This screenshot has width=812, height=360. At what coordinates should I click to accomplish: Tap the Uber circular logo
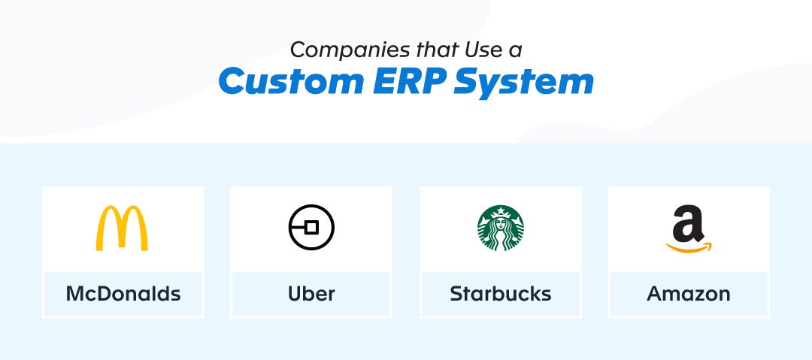click(x=289, y=228)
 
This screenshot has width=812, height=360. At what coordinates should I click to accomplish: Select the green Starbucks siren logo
click(x=500, y=228)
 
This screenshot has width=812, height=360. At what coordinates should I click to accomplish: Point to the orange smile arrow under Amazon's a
click(x=689, y=248)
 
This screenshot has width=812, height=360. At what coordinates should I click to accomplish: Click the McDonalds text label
click(x=123, y=294)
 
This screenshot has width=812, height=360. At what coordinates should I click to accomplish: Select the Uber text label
click(x=311, y=294)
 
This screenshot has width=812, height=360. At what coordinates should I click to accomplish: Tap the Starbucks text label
click(x=500, y=294)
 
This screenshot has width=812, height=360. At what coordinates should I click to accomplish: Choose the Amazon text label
click(x=688, y=294)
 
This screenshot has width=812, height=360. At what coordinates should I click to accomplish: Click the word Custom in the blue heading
click(x=290, y=81)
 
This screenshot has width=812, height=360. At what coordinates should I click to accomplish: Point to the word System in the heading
click(x=523, y=83)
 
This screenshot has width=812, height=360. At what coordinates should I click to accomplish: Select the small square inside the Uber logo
click(x=311, y=228)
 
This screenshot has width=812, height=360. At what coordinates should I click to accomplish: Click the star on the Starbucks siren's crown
click(x=500, y=211)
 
